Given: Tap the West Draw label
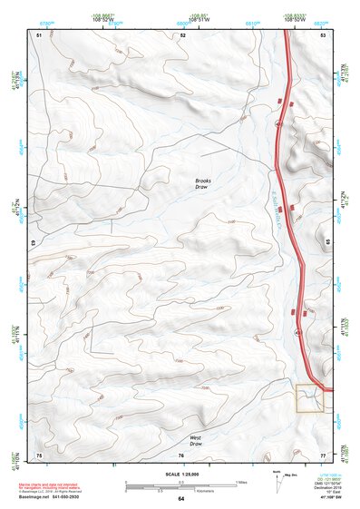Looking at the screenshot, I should tap(195, 440).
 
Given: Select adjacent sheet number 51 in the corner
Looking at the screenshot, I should tap(39, 34).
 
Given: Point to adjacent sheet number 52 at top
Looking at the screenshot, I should tap(182, 34).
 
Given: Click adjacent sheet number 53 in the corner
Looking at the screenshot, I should tap(323, 34).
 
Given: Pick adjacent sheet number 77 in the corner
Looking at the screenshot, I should tap(323, 454).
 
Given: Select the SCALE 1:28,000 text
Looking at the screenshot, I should tap(180, 475).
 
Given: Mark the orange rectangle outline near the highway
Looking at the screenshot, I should tap(309, 398).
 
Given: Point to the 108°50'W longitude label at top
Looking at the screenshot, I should tap(295, 20).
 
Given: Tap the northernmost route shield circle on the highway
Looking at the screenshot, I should tap(279, 123).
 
